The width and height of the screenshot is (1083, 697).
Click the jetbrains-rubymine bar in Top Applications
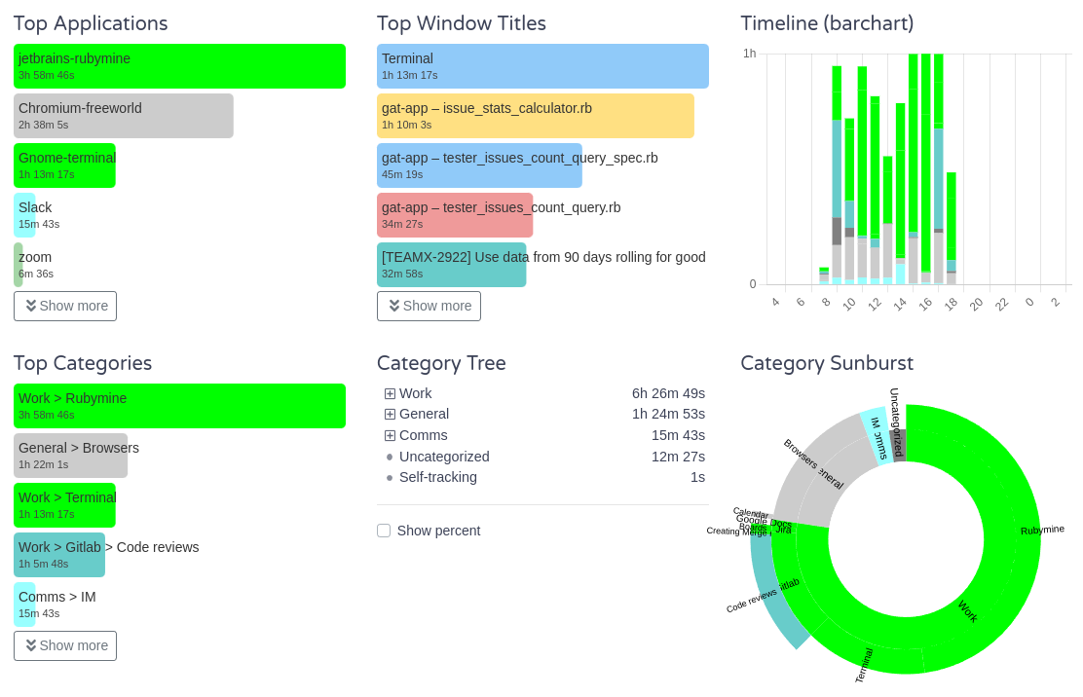click(x=179, y=66)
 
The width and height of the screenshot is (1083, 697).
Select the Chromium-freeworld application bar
click(x=124, y=116)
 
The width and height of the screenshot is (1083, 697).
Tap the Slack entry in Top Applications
click(x=25, y=215)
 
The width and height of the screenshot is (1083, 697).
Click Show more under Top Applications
click(x=65, y=306)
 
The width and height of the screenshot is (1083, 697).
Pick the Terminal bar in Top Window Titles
click(x=542, y=66)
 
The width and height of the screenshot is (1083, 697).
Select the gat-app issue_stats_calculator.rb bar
click(x=535, y=116)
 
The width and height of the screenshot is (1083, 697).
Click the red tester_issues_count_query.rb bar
click(x=455, y=215)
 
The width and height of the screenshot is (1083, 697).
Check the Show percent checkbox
click(x=384, y=531)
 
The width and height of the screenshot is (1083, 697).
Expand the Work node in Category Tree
click(x=390, y=394)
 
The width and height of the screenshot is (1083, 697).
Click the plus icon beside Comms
click(x=390, y=436)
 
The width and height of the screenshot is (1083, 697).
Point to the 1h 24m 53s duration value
click(x=668, y=415)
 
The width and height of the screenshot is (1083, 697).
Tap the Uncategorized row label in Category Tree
click(x=444, y=457)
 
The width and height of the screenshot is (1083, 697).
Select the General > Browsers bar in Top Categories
click(x=70, y=456)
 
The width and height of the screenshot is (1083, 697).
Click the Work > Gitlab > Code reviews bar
click(x=59, y=555)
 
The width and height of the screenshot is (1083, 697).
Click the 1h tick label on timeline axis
click(x=749, y=54)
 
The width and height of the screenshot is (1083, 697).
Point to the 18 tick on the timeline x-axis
click(x=951, y=303)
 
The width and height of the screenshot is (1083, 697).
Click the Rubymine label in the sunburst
click(x=1042, y=530)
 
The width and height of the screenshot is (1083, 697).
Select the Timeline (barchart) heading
click(x=827, y=23)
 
